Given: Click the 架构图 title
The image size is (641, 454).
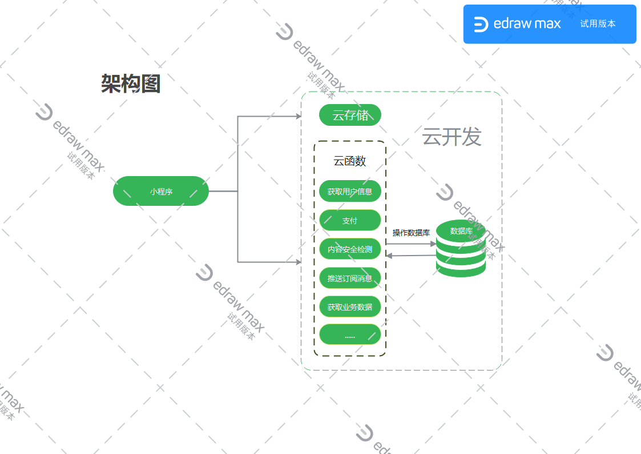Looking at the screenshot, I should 131,83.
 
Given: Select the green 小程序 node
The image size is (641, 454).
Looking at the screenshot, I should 161,192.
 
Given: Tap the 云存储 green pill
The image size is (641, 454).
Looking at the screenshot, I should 350,115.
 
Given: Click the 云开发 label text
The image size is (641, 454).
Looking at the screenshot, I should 451,137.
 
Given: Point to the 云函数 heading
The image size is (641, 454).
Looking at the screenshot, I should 350,161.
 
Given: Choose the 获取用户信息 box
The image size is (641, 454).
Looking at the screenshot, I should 350,192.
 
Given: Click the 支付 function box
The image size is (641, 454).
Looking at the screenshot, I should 350,221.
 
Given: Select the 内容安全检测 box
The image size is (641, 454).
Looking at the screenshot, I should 350,249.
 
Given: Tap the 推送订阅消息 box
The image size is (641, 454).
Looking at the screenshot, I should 350,278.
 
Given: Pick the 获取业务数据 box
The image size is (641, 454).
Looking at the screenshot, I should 350,307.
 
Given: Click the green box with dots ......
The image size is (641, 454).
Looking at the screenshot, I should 350,335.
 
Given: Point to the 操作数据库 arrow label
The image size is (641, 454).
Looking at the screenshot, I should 411,233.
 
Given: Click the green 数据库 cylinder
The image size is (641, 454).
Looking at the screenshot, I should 461,249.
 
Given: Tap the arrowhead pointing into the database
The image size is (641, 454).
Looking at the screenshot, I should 433,244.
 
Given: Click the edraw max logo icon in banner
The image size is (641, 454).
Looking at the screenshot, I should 481,24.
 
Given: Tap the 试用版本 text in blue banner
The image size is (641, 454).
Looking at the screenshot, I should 598,24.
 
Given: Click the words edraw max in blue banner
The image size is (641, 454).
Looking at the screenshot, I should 527,24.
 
